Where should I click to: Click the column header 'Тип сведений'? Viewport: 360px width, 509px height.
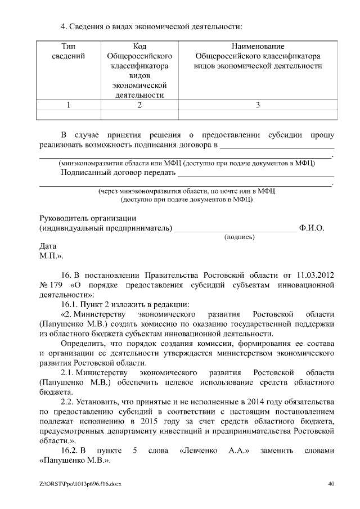click(68, 51)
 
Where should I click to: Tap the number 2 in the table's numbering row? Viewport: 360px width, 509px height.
click(139, 105)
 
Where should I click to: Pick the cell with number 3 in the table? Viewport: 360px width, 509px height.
click(258, 105)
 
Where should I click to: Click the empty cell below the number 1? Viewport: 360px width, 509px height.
click(68, 115)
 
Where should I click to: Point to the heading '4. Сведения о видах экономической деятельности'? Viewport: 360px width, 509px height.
click(151, 26)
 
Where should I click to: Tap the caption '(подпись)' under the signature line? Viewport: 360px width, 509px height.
click(240, 237)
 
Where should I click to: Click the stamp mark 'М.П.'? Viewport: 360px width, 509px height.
click(51, 256)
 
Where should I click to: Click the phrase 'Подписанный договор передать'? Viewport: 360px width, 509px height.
click(118, 173)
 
